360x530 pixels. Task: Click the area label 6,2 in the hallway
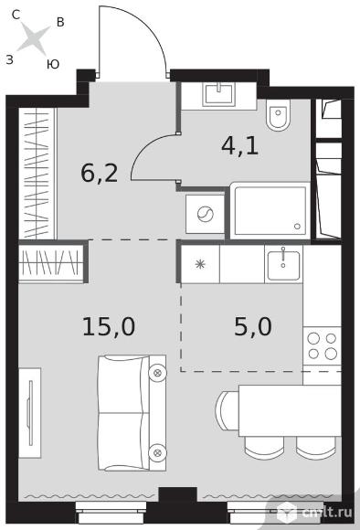(100, 174)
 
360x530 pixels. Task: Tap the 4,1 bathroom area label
(240, 146)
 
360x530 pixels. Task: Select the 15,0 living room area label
(109, 327)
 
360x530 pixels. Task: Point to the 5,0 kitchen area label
(253, 327)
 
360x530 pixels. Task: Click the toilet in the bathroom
(278, 114)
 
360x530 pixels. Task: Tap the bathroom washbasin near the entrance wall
(219, 94)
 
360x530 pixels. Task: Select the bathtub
(270, 211)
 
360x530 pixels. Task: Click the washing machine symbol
(206, 214)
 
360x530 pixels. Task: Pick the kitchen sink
(283, 265)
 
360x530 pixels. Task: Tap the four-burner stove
(322, 345)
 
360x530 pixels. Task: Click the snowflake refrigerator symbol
(200, 264)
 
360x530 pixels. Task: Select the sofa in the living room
(132, 413)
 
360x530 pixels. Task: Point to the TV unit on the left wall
(30, 413)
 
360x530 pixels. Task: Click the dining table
(290, 410)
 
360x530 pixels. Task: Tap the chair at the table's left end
(228, 410)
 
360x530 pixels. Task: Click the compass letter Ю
(53, 64)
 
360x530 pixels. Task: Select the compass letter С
(16, 15)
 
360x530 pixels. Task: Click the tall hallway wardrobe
(37, 174)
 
